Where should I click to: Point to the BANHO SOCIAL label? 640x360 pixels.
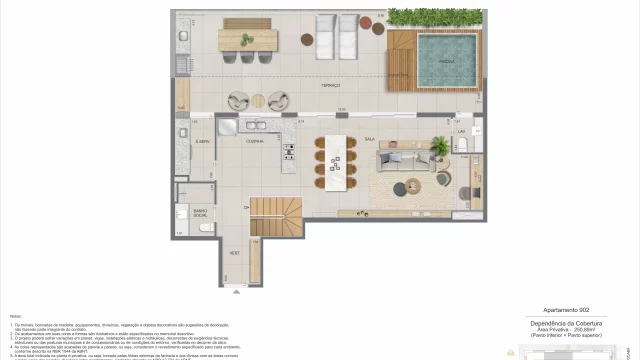(200, 212)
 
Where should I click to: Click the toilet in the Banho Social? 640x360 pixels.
(205, 228)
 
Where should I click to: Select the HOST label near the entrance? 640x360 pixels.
(233, 254)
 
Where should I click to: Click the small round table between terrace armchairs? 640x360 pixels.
(258, 100)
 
